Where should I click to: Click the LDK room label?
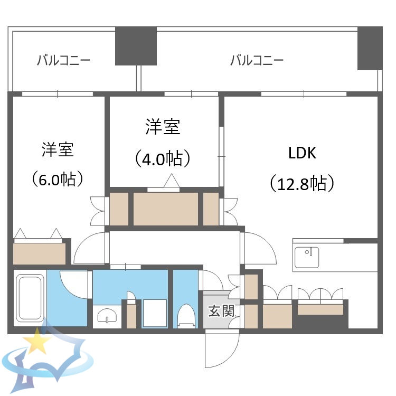pyautogui.click(x=301, y=154)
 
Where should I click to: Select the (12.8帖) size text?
pyautogui.click(x=301, y=183)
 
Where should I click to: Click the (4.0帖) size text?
pyautogui.click(x=162, y=158)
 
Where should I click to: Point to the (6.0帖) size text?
pyautogui.click(x=58, y=180)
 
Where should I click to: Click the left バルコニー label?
pyautogui.click(x=63, y=60)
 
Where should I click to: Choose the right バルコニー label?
pyautogui.click(x=257, y=60)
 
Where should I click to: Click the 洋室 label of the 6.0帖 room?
pyautogui.click(x=58, y=150)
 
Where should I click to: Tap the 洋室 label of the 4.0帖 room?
pyautogui.click(x=162, y=127)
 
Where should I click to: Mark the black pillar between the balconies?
pyautogui.click(x=136, y=45)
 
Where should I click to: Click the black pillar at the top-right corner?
pyautogui.click(x=370, y=48)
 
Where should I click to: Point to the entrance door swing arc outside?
pyautogui.click(x=222, y=351)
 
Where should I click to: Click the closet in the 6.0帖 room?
pyautogui.click(x=40, y=253)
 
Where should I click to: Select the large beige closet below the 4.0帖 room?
pyautogui.click(x=166, y=209)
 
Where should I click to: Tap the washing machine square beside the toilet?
pyautogui.click(x=155, y=313)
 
